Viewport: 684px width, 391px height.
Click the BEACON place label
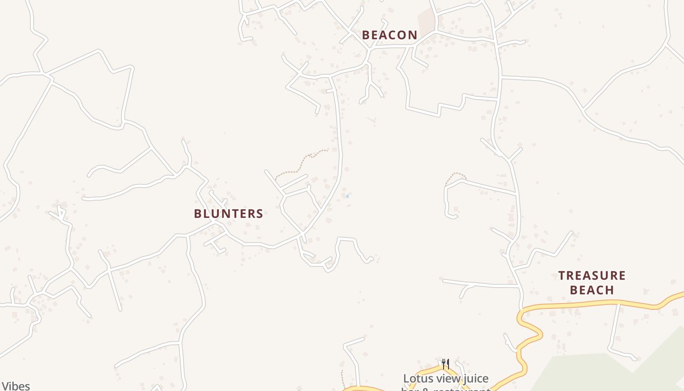point(389,35)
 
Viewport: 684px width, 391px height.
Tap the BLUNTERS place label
point(228,214)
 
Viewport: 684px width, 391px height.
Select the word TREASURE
point(592,276)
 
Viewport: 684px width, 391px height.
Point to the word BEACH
point(592,290)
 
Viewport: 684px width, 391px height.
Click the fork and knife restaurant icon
point(445,364)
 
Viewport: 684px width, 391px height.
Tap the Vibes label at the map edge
point(15,386)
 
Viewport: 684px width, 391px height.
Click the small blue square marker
point(347,196)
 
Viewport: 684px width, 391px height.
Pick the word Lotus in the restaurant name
point(417,379)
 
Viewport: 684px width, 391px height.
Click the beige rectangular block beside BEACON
point(427,21)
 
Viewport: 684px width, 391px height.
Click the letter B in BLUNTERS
point(198,214)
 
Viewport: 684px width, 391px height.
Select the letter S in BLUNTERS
point(259,214)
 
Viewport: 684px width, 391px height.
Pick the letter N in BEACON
point(413,35)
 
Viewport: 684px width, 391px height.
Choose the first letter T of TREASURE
point(562,276)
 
